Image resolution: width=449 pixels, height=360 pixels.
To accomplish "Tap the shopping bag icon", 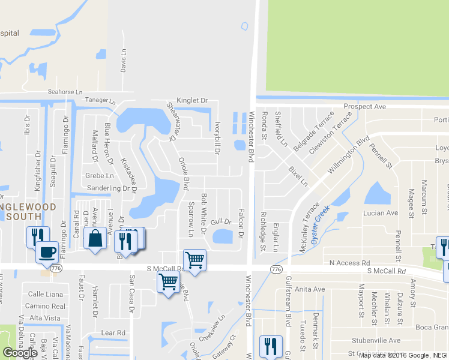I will pos(96,238).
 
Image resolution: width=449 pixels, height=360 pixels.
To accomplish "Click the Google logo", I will pos(20,353).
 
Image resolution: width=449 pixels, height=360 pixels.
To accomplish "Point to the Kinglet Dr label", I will pos(191,100).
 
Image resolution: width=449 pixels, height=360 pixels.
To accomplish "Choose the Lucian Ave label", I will pos(381,213).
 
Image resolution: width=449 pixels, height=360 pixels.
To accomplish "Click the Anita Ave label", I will pos(310,289).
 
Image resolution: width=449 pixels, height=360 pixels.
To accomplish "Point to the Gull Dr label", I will pos(220,222).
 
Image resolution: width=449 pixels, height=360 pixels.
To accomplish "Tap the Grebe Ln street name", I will pos(99,176).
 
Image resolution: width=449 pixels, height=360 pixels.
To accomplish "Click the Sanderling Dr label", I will pos(108,188).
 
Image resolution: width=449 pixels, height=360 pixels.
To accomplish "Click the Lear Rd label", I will pos(113,332).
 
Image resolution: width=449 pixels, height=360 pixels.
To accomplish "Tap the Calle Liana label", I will pos(46,294).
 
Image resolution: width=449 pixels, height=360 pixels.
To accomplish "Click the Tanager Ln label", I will pos(100,100).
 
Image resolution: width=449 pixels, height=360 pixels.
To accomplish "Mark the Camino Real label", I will pos(46,306).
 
